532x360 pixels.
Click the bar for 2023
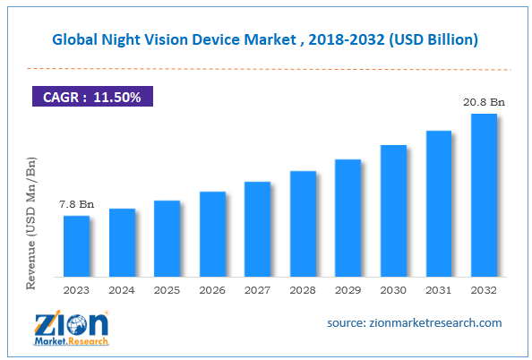[x=76, y=245]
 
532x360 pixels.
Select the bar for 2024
[x=122, y=242]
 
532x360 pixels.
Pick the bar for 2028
[x=303, y=223]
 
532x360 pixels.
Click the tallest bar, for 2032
[x=484, y=194]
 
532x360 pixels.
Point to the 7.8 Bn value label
[x=76, y=204]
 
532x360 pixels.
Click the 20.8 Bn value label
[x=485, y=102]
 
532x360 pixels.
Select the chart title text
[x=266, y=39]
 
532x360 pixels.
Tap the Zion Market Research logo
[x=72, y=328]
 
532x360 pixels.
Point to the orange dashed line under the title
[x=266, y=68]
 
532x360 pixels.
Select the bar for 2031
[x=439, y=203]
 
